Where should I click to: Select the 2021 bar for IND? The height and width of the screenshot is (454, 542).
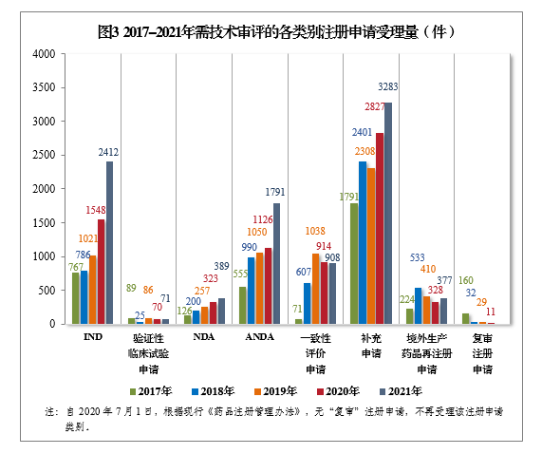click(x=109, y=243)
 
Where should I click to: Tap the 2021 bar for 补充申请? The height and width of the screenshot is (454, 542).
click(x=386, y=214)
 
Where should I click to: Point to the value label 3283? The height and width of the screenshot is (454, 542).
click(x=387, y=86)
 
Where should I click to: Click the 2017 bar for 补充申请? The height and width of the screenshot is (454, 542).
click(x=353, y=264)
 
